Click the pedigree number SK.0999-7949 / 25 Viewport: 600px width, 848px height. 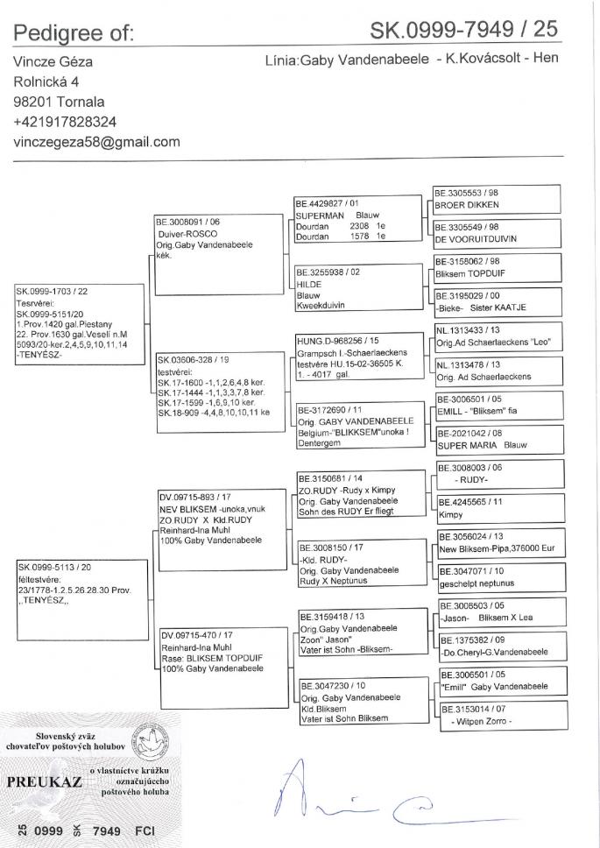[x=464, y=32]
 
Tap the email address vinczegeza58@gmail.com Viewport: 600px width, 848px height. [x=96, y=141]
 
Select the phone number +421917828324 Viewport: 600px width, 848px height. [x=65, y=122]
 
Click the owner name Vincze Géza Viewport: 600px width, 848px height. [x=53, y=62]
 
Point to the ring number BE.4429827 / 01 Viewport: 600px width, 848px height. [x=328, y=203]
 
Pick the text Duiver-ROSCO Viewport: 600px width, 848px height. [x=187, y=234]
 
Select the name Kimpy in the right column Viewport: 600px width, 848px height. [x=452, y=513]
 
